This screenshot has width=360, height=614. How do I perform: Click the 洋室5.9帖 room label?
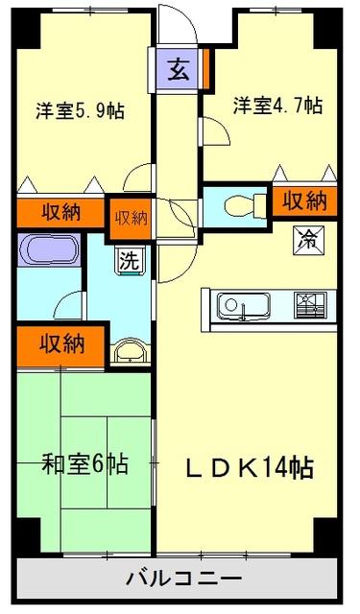tap(81, 109)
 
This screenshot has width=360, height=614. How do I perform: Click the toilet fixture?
tap(252, 204)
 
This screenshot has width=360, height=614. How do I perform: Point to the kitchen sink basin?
tap(233, 307)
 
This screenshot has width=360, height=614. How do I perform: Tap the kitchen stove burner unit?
tap(311, 307)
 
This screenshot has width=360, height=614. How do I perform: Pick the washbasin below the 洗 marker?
tap(126, 352)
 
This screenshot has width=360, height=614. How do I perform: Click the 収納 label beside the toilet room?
tap(304, 201)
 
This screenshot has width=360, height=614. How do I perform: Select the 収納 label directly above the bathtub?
tap(59, 212)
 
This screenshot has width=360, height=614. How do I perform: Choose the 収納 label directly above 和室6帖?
tap(59, 342)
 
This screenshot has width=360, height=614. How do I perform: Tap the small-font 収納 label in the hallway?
tap(131, 218)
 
